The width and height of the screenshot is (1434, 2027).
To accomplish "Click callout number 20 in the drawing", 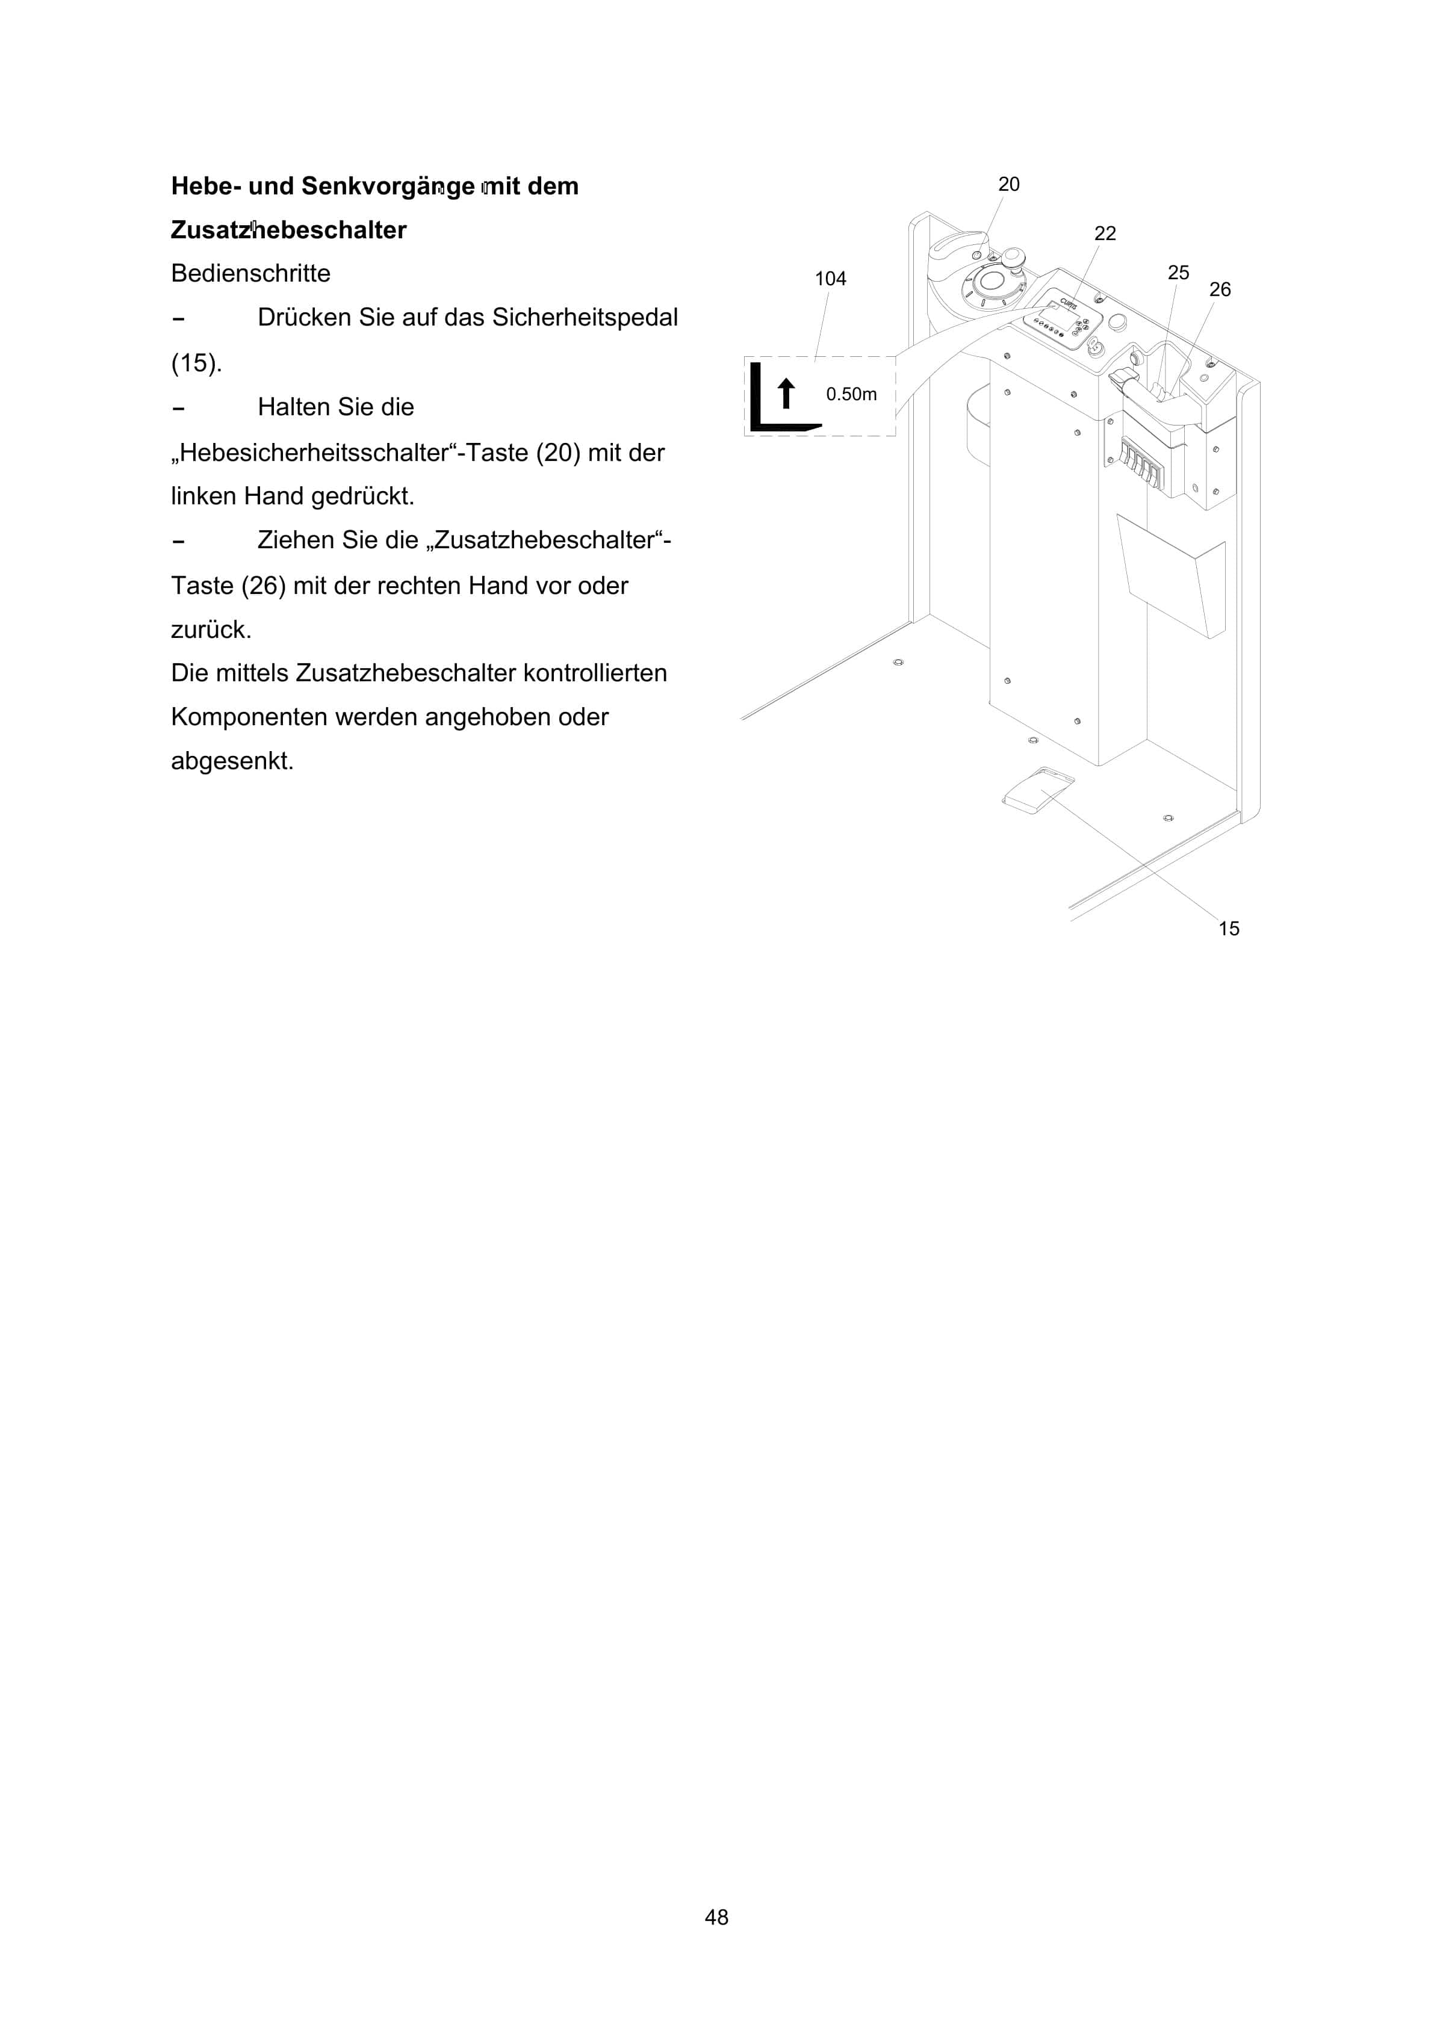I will click(x=1008, y=185).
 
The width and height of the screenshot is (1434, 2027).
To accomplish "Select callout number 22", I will click(x=1105, y=234).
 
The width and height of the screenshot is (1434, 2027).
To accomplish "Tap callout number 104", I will click(x=830, y=279).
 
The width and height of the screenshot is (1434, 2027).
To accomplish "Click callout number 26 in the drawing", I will click(x=1220, y=289).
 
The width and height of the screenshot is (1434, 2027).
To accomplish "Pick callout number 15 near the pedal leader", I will click(x=1228, y=929).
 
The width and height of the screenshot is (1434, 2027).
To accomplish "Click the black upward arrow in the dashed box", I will click(x=786, y=393).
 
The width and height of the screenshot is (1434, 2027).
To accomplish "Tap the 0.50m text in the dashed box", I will click(x=851, y=395).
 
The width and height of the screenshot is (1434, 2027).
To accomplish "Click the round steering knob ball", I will click(x=1012, y=257).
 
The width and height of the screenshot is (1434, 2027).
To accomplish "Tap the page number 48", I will click(x=716, y=1917).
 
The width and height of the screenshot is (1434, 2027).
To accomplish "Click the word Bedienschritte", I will click(x=251, y=274).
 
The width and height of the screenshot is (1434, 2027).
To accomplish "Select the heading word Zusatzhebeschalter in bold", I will click(x=289, y=231).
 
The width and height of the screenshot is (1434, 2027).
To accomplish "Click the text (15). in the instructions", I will click(x=196, y=363).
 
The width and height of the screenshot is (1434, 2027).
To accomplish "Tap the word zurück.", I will click(x=211, y=630).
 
